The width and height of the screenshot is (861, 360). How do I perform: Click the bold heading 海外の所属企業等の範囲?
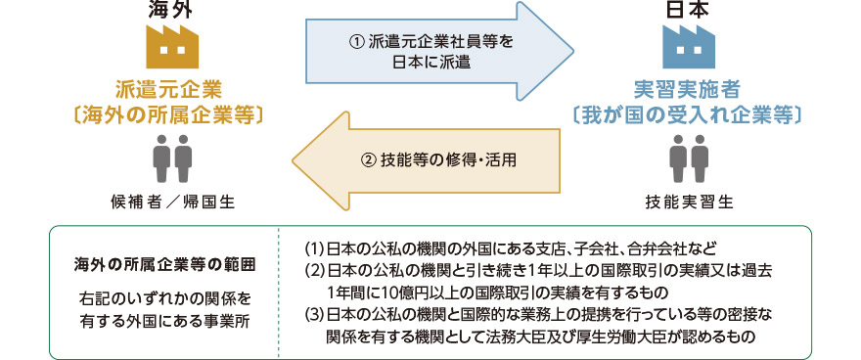pos(164,264)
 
